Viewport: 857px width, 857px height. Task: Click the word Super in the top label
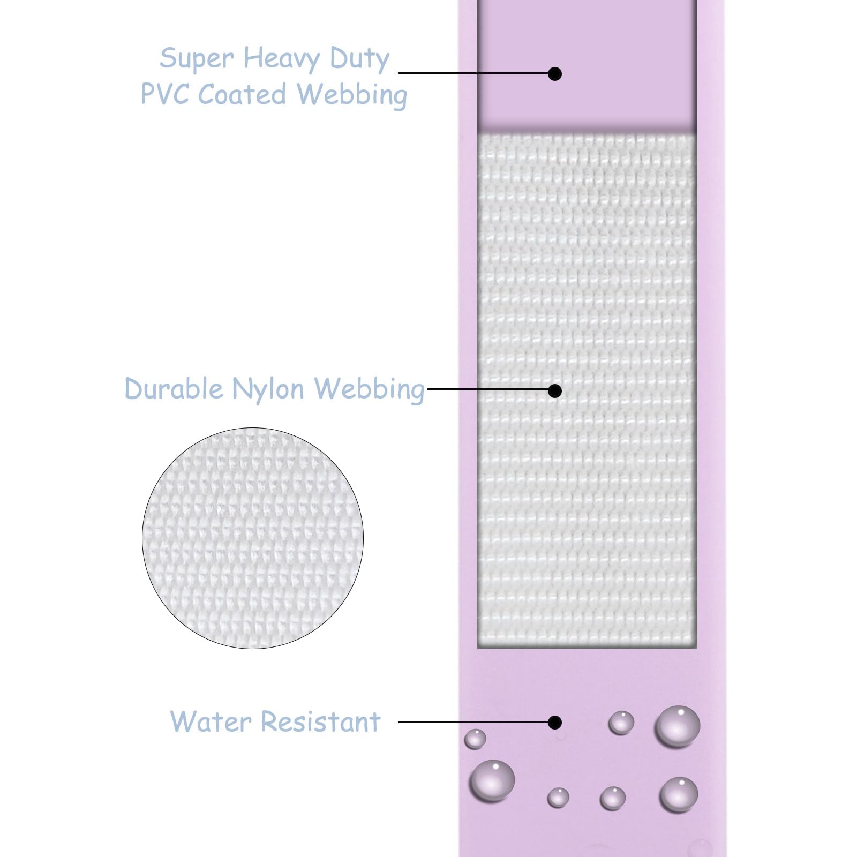(197, 59)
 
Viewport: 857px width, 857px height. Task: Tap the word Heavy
(282, 59)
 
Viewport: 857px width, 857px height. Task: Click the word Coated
(242, 94)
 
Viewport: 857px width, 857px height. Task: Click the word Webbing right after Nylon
(369, 389)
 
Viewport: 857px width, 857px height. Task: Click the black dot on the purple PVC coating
(555, 73)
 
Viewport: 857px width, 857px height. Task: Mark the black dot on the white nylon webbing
(555, 390)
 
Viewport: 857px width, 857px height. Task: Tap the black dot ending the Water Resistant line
(555, 723)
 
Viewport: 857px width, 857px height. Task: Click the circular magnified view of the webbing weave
(253, 538)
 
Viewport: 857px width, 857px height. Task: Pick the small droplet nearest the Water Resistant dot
(621, 723)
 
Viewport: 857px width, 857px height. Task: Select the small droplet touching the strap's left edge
(475, 739)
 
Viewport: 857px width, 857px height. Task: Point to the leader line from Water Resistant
(473, 722)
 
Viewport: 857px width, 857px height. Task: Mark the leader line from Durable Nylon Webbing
(488, 389)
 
